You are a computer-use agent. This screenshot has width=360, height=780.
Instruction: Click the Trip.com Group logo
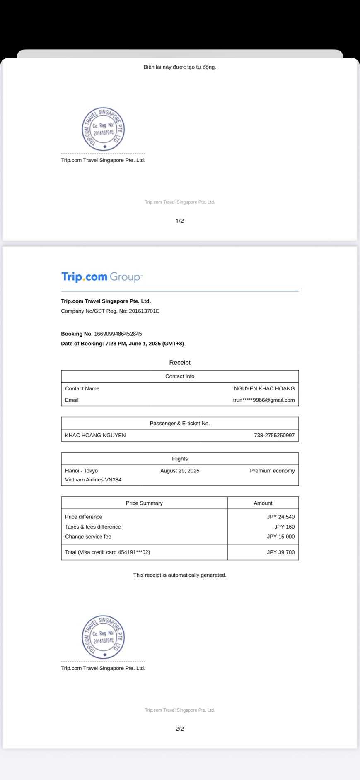tap(101, 277)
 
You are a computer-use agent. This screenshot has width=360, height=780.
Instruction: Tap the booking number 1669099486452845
tap(118, 334)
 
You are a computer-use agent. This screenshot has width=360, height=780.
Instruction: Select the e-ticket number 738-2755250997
tap(274, 435)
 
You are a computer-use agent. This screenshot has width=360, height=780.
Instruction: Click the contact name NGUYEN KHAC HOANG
tap(264, 388)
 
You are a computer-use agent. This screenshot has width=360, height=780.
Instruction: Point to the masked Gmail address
tap(263, 400)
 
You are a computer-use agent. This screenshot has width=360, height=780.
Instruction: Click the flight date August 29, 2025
tap(180, 471)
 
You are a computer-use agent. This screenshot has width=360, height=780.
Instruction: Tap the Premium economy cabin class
tap(272, 471)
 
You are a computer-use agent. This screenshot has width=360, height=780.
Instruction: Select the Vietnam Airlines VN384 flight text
tap(93, 480)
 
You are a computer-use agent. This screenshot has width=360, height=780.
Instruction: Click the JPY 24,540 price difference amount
tap(280, 517)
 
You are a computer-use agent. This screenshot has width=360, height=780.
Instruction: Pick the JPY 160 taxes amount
tap(284, 527)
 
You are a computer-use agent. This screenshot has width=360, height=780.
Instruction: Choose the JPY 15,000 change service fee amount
tap(280, 537)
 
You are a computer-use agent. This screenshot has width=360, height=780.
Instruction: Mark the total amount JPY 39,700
tap(280, 552)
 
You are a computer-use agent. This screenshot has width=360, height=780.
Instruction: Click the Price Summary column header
tap(144, 503)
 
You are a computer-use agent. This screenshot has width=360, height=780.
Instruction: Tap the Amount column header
tap(263, 503)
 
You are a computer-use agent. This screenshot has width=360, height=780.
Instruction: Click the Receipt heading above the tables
tap(180, 363)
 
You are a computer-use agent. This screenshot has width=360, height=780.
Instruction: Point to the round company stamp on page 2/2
tap(103, 637)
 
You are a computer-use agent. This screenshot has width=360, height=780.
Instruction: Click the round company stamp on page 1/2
tap(103, 129)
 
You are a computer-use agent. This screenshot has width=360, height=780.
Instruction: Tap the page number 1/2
tap(180, 221)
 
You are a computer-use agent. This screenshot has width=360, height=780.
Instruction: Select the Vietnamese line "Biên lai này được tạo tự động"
tap(180, 67)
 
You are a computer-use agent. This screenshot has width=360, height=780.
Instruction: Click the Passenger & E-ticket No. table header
tap(180, 423)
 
